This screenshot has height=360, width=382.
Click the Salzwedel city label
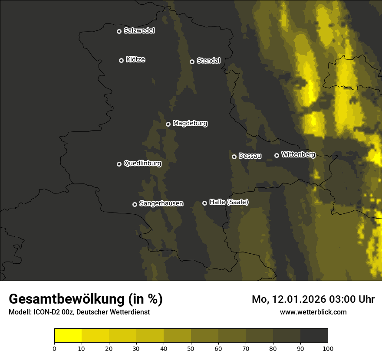click(x=139, y=31)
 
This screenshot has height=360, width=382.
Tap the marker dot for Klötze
click(x=121, y=60)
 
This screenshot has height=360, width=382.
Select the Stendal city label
click(x=208, y=61)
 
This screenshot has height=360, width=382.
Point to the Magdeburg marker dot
click(x=168, y=124)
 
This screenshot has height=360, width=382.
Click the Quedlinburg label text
click(x=142, y=164)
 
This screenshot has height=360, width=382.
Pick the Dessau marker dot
click(x=234, y=157)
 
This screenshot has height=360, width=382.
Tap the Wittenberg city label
click(x=298, y=154)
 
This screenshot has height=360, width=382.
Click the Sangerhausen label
click(x=161, y=203)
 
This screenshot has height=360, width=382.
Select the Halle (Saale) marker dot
click(x=204, y=203)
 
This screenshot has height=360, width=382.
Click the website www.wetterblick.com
click(x=313, y=312)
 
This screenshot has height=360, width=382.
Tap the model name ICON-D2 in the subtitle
click(x=46, y=312)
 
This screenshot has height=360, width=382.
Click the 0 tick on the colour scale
click(x=54, y=348)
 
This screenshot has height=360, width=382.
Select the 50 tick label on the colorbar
click(x=191, y=348)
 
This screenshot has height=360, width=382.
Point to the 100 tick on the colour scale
click(x=328, y=348)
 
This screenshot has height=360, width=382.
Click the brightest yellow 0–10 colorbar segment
click(x=68, y=335)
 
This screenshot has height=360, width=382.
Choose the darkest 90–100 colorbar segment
click(x=314, y=335)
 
